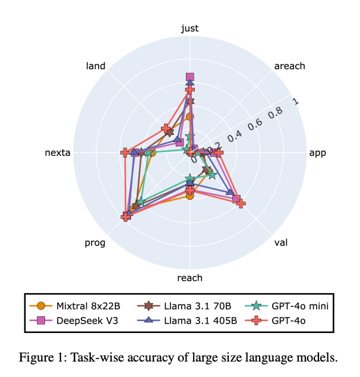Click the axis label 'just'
[190, 28]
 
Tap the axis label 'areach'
[289, 66]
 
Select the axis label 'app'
[318, 153]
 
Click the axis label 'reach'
[190, 278]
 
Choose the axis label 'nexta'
[58, 153]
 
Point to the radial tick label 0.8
[275, 112]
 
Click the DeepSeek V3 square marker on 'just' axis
[190, 77]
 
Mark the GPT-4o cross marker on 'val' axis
[241, 203]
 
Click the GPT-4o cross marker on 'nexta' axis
[125, 153]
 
